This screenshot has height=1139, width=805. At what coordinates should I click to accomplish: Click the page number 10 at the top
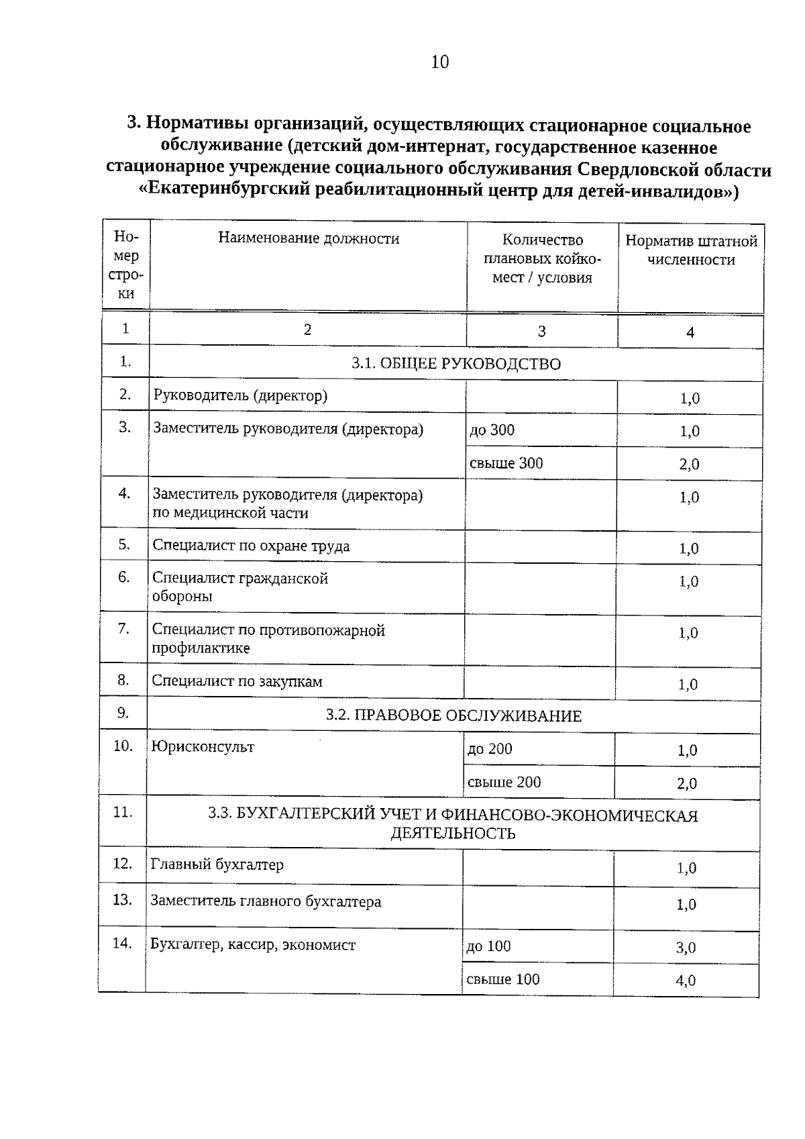439,62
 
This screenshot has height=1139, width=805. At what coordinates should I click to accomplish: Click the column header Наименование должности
309,238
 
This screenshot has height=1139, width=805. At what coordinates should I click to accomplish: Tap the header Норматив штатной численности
691,250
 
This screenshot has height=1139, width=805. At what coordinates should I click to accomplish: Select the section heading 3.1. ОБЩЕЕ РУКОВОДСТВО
456,364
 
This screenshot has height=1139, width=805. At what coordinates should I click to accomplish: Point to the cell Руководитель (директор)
240,395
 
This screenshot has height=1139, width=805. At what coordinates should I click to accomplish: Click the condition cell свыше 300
506,463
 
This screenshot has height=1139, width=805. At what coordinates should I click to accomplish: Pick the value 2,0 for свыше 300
689,464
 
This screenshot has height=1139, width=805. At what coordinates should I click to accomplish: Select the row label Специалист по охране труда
251,546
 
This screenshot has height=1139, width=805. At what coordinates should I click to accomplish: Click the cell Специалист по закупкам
237,681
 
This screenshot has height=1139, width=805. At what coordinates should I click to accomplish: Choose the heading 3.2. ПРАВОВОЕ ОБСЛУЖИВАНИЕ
453,715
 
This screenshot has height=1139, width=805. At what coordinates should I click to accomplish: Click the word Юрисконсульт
203,747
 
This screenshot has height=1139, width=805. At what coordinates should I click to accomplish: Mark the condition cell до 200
490,749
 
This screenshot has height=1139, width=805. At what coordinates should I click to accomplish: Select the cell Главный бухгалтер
217,864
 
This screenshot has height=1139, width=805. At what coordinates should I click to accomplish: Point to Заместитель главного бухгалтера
266,901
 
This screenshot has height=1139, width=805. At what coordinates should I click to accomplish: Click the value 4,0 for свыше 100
686,981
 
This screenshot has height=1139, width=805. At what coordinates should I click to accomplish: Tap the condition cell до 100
488,946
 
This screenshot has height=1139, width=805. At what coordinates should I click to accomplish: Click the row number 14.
121,943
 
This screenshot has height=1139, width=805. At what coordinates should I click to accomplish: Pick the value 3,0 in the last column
686,948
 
